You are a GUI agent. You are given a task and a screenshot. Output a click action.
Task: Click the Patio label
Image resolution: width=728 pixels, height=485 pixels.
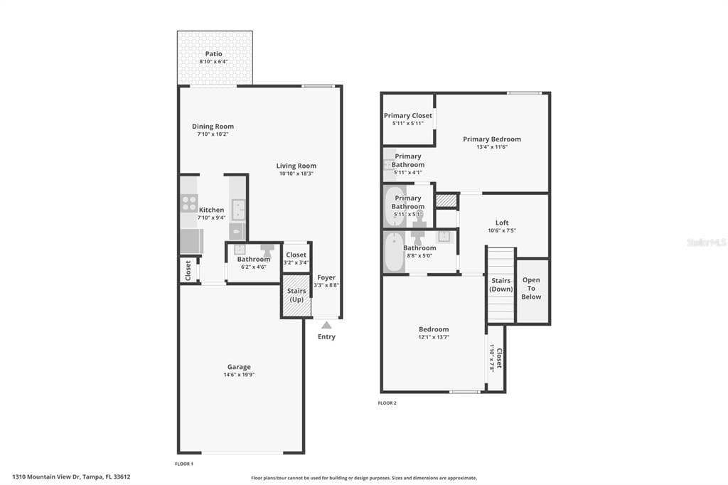213,54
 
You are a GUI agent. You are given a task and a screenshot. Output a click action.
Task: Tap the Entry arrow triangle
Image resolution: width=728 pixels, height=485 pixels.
326,325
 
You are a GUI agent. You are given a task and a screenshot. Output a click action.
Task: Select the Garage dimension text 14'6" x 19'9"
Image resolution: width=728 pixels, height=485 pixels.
239,375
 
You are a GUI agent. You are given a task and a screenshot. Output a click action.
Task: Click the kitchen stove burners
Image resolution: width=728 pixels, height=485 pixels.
189,203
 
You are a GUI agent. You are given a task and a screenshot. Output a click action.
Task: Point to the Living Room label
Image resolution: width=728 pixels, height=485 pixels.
296,166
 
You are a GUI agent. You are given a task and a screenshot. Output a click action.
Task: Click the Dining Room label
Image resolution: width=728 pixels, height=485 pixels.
213,127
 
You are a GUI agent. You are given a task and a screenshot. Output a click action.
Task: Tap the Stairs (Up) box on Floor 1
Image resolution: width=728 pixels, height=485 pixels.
296,295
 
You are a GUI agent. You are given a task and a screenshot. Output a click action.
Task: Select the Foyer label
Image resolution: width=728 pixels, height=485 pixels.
326,277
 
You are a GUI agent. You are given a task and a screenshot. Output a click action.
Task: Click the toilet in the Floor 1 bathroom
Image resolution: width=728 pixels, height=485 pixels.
268,250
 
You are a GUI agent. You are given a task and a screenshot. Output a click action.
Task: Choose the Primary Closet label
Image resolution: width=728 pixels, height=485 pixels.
408,115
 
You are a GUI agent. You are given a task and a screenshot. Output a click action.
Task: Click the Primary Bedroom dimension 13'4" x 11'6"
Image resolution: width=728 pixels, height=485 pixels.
492,147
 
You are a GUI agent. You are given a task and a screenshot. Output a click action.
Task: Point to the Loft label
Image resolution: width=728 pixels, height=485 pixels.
502,223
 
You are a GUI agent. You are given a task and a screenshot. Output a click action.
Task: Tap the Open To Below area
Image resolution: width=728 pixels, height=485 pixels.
532,288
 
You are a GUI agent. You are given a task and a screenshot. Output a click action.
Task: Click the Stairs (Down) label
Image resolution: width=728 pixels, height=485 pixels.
501,284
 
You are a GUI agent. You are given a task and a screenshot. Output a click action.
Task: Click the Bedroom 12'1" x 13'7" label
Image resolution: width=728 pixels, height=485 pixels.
434,329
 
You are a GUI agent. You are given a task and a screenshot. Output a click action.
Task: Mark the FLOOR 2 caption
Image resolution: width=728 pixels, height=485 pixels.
387,403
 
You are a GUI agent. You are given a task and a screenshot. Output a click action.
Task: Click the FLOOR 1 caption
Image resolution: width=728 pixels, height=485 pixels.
184,464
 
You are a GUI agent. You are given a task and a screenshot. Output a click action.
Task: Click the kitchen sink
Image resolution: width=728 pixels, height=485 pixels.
238,210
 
